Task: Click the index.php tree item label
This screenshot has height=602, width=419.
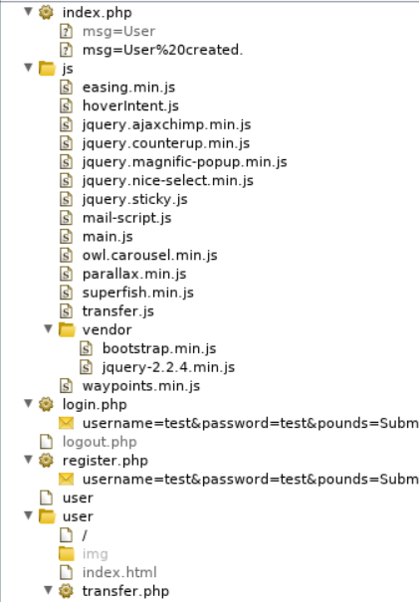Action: click(98, 13)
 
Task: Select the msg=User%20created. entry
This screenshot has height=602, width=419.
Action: click(163, 50)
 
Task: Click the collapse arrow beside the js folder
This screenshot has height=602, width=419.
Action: click(28, 68)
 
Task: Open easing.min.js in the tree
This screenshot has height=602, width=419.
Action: click(128, 88)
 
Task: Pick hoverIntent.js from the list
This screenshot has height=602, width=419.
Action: click(130, 105)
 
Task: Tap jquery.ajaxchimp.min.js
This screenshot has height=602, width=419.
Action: click(166, 124)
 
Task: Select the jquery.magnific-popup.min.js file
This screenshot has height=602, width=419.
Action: click(185, 162)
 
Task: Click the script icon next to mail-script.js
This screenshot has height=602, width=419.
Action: click(66, 218)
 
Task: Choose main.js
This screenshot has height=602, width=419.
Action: click(107, 237)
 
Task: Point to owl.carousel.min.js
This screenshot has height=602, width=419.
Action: click(149, 256)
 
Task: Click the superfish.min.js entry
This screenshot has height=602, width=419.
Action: click(138, 293)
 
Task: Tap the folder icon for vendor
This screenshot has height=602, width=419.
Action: click(67, 329)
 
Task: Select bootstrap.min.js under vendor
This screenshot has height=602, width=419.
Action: click(159, 348)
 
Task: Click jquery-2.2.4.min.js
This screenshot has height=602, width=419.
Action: click(168, 367)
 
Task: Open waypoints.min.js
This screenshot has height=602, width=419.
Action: click(141, 386)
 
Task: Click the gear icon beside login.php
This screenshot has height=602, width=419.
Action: click(46, 404)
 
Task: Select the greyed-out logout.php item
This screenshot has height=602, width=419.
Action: click(100, 442)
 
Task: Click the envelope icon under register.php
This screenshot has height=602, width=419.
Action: click(66, 480)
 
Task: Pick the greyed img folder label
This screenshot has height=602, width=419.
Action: click(95, 554)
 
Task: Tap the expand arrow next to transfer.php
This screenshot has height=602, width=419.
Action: click(48, 589)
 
